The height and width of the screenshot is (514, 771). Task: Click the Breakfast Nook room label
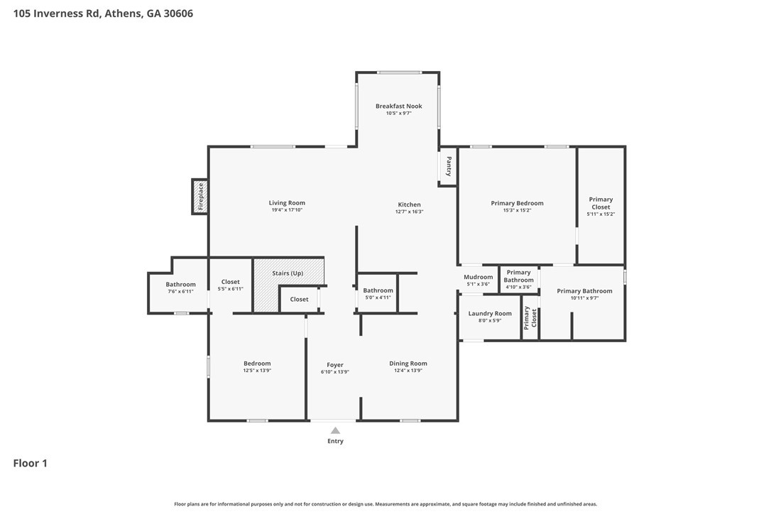click(x=398, y=106)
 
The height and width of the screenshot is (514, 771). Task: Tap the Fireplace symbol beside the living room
click(x=200, y=197)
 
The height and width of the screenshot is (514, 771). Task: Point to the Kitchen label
click(x=409, y=204)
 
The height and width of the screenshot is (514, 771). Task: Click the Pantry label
click(x=448, y=167)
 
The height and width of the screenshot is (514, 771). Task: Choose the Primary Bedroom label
click(x=517, y=203)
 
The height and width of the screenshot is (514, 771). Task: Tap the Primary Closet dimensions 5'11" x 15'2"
click(x=601, y=214)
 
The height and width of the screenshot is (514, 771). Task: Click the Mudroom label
click(x=478, y=277)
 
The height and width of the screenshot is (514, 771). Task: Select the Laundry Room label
click(x=490, y=313)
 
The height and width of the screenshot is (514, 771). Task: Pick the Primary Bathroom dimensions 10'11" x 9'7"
click(x=584, y=298)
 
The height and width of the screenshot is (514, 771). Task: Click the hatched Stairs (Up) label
click(x=288, y=273)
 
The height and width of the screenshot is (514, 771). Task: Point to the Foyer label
click(x=335, y=365)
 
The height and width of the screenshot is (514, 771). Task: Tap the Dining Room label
click(x=408, y=363)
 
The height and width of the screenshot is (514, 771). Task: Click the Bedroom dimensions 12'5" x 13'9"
click(x=257, y=371)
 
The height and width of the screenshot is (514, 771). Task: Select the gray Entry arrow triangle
click(x=335, y=430)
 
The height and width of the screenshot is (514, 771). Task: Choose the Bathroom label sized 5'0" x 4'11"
click(x=378, y=290)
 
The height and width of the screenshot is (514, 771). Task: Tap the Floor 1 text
click(x=30, y=464)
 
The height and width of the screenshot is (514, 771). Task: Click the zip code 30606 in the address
click(x=179, y=13)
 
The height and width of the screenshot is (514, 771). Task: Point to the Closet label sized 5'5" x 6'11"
click(x=230, y=282)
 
